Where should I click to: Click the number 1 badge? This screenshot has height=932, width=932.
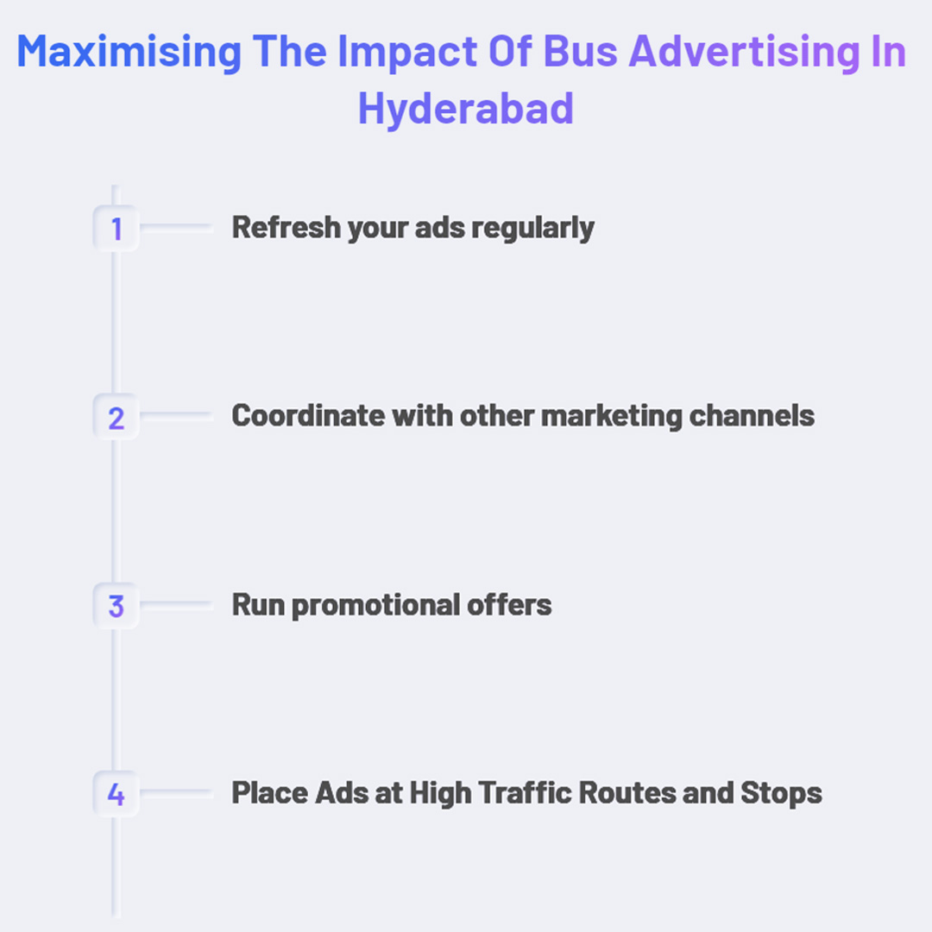116,230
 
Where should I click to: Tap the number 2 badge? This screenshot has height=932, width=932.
116,418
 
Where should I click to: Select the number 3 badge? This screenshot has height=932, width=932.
116,606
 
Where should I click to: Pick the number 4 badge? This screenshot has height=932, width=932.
116,794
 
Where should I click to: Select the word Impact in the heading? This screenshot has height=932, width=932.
394,54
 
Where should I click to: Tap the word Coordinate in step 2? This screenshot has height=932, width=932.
307,416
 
